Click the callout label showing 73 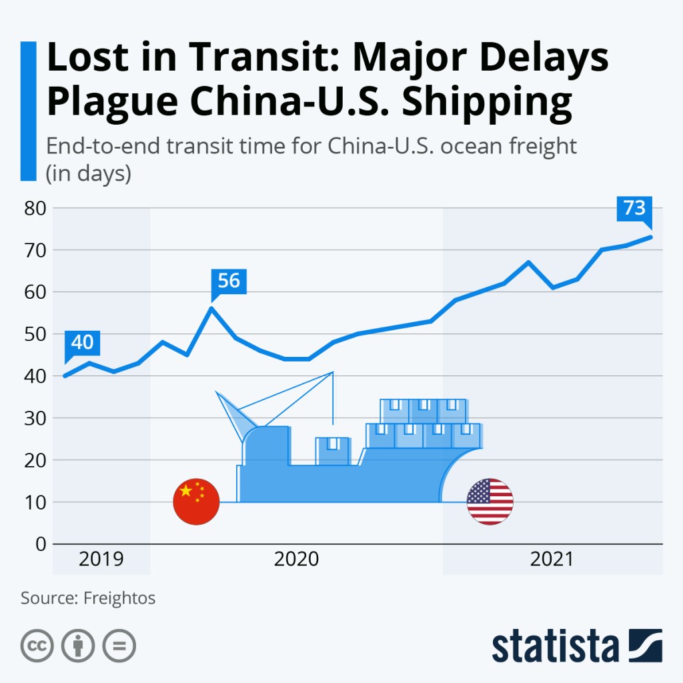pos(634,209)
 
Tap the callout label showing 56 pos(229,281)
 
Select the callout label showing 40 pos(82,343)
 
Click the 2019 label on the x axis pos(101,559)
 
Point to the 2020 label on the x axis pos(296,559)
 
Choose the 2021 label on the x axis pos(552,559)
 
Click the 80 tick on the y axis pos(34,208)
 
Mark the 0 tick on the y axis pos(40,544)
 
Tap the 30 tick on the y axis pos(34,418)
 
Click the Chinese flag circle pos(196,502)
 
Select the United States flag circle pos(490,502)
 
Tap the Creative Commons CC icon pos(37,646)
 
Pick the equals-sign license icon pos(119,646)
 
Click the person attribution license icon pos(78,646)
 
